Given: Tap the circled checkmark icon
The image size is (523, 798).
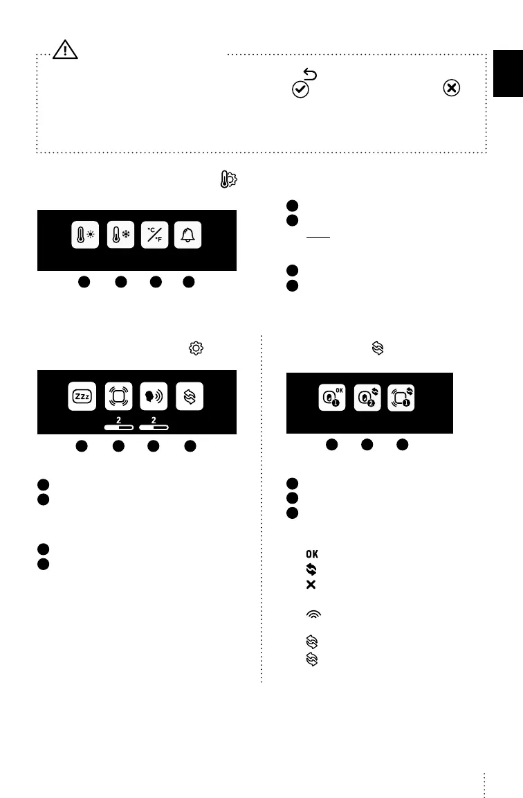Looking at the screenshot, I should [300, 89].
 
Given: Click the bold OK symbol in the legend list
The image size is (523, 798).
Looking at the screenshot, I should [312, 553].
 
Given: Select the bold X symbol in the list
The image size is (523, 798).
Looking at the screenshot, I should [311, 585].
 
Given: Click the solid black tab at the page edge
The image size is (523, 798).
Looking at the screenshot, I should [508, 73].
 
